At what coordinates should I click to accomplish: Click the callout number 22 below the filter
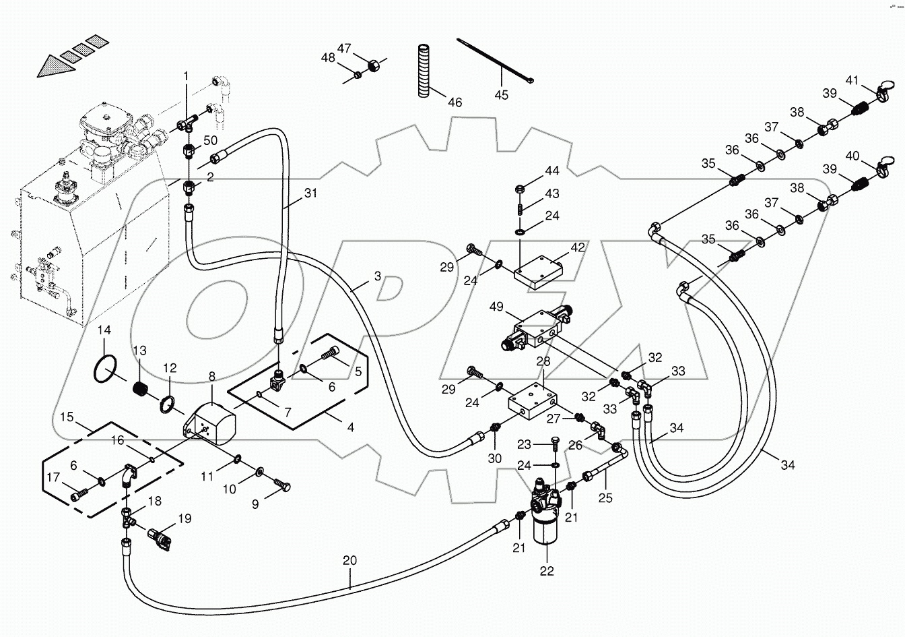(x=546, y=571)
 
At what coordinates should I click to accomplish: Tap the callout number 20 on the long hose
(x=349, y=561)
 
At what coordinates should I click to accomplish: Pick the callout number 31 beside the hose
(x=310, y=193)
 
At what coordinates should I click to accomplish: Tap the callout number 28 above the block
(x=543, y=361)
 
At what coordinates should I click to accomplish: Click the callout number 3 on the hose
(x=377, y=276)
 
